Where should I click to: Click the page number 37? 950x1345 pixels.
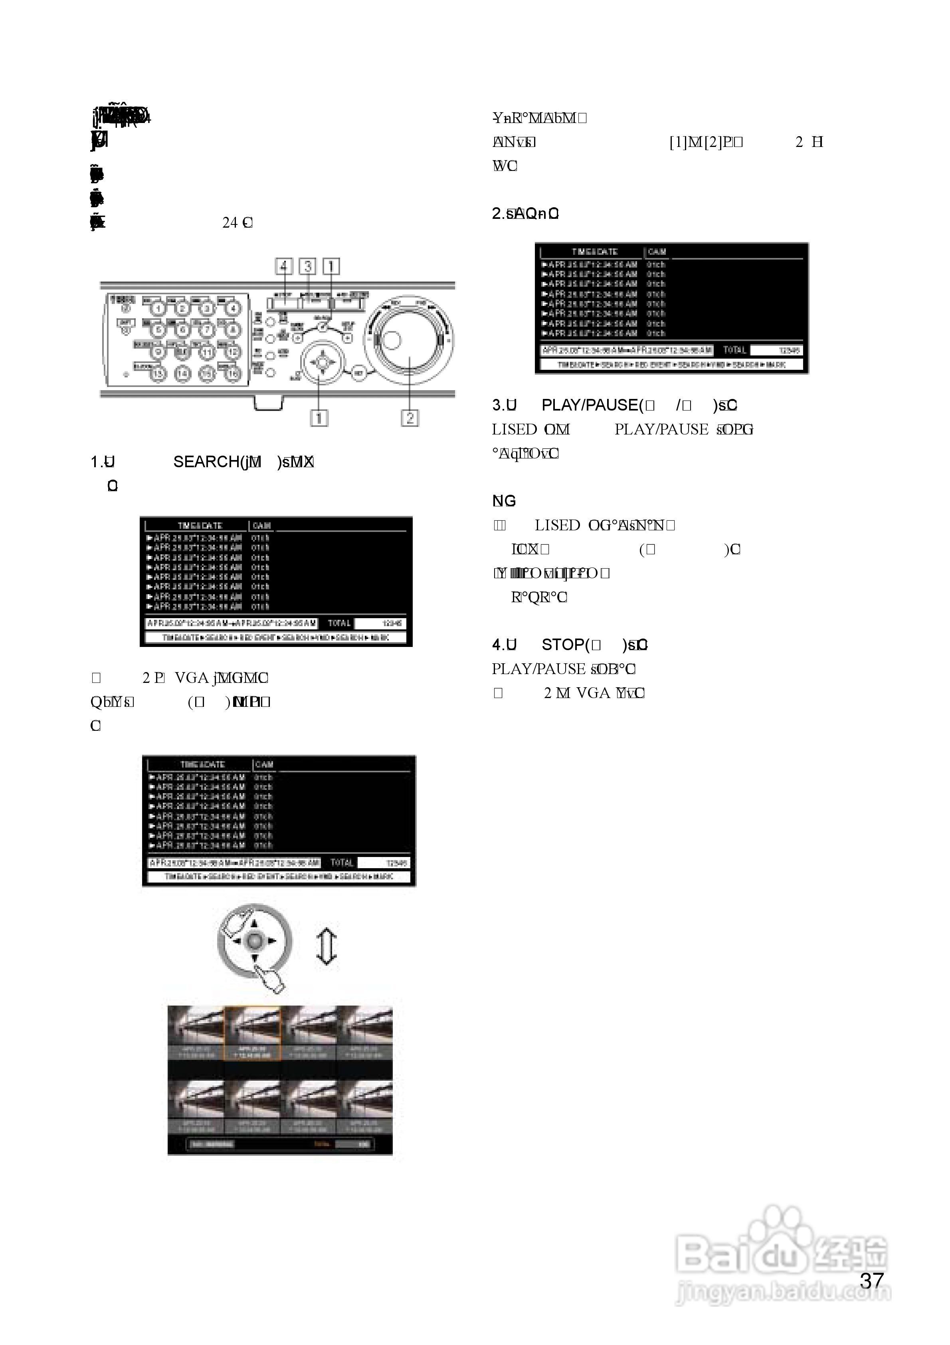coord(871,1281)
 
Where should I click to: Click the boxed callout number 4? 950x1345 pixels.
coord(284,266)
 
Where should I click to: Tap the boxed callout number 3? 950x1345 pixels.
coord(307,266)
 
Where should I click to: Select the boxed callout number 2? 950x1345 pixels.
coord(410,418)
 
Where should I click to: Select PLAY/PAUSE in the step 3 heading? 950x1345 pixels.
coord(589,405)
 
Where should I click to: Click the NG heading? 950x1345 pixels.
coord(504,501)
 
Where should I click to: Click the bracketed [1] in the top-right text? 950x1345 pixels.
coord(678,142)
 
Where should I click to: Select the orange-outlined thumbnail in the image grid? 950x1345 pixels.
coord(253,1034)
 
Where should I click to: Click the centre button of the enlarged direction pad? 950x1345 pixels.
coord(254,941)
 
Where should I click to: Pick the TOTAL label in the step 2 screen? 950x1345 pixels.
coord(734,350)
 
